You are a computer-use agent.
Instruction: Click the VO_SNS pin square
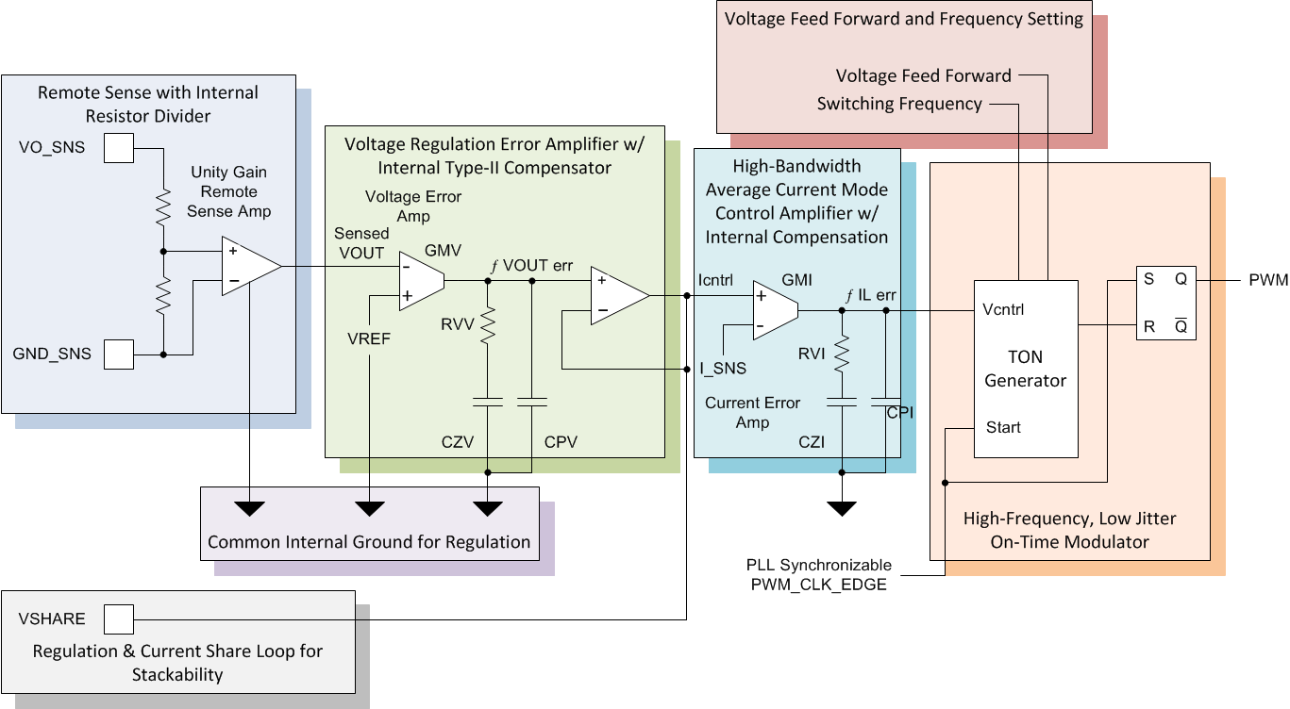click(x=118, y=148)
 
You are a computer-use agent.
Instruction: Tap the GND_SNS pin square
click(x=118, y=354)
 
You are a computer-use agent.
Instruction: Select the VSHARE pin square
click(x=118, y=619)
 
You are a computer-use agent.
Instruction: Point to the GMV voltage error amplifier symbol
click(x=421, y=279)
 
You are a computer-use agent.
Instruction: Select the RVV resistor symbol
click(x=488, y=326)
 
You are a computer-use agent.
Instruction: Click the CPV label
click(x=561, y=441)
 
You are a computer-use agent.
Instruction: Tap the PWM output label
click(x=1267, y=280)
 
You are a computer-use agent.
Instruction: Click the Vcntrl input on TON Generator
click(x=1004, y=309)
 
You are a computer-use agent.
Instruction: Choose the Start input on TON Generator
click(x=1003, y=427)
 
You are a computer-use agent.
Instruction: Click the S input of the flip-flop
click(x=1148, y=280)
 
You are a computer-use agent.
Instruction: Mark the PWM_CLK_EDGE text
click(x=820, y=585)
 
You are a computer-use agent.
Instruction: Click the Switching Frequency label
click(x=899, y=104)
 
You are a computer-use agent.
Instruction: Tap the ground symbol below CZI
click(x=840, y=508)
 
